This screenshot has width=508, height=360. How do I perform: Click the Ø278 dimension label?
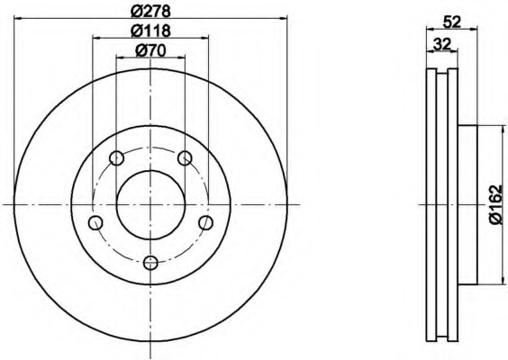pos(150,12)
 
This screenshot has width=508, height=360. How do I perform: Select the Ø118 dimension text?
pos(150,31)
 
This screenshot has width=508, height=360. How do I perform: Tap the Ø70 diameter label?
pos(150,50)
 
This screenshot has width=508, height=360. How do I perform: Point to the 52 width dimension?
pos(451,22)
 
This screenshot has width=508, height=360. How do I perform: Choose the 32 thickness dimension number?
pos(442,44)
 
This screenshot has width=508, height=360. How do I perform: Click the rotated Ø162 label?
pos(498,205)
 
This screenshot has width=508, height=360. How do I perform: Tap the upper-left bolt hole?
pos(116,158)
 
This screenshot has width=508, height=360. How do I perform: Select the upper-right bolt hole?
pos(185,158)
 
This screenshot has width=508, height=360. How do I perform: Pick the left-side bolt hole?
pos(95,222)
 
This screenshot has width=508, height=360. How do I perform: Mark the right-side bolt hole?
pos(205,222)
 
